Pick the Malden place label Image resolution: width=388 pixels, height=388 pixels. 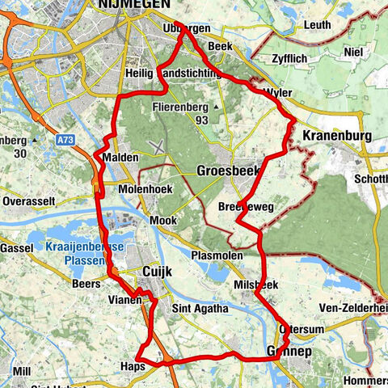coord(120,157)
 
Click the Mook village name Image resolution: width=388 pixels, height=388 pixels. coord(166,219)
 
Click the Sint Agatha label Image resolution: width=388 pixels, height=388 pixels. coord(199,308)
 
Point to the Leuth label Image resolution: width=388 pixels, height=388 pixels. coord(318,25)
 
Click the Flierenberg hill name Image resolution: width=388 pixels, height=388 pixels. coord(182,107)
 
